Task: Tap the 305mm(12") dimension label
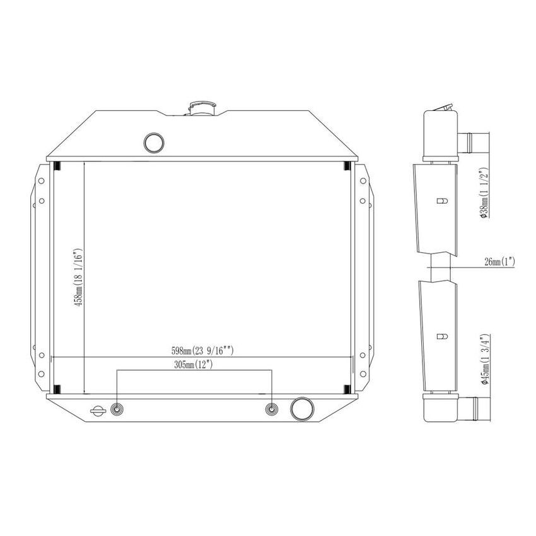point(194,364)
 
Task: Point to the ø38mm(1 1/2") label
point(484,194)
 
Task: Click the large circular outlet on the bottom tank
point(302,409)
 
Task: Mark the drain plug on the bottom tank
point(98,411)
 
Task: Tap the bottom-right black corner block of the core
point(347,388)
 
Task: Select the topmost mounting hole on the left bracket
point(41,180)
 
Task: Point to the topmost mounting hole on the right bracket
point(363,180)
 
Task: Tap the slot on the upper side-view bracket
point(442,201)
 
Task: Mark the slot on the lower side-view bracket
point(442,335)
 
